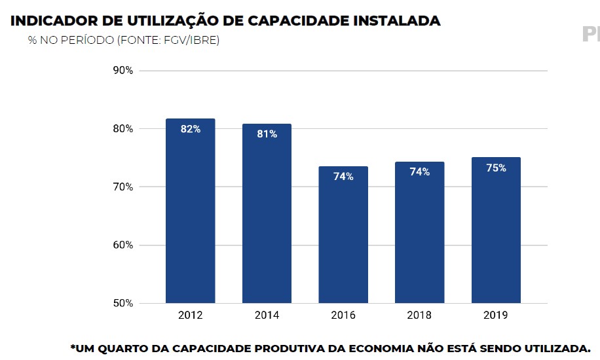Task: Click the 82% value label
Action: (191, 130)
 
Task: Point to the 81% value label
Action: (267, 134)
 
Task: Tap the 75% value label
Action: (496, 168)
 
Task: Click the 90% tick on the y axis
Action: (122, 71)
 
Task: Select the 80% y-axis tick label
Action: (122, 129)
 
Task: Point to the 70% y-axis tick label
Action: (122, 187)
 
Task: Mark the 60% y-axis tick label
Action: (122, 245)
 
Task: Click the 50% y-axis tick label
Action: (122, 304)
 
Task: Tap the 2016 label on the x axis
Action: (343, 315)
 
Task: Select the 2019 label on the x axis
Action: (496, 315)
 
